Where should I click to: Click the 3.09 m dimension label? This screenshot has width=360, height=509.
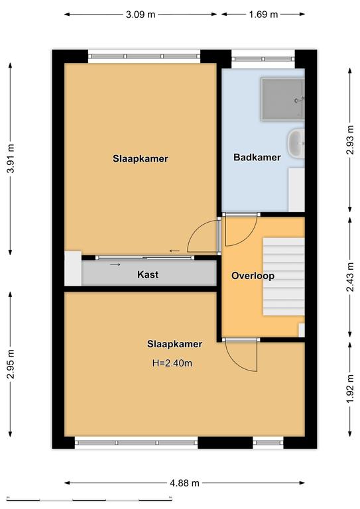point(141,15)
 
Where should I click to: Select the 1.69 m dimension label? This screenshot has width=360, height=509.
point(263,15)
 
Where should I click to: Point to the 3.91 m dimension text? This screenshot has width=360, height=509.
point(11,158)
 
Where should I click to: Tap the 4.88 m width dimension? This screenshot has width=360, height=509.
point(184,483)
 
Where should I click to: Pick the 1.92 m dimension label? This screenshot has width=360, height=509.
point(350,389)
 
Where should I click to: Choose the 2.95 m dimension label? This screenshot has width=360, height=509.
point(11,365)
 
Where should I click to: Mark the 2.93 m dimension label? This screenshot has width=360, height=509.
point(350,140)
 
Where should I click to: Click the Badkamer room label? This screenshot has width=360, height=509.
point(257,158)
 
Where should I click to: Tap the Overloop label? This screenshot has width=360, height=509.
point(253,276)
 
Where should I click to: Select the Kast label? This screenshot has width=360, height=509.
point(148,274)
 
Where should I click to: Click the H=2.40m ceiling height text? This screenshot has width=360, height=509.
point(172,363)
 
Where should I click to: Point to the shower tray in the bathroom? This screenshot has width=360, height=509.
point(282,99)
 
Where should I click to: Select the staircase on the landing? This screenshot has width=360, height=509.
point(283,276)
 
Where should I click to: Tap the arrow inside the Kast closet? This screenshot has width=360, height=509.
point(115,264)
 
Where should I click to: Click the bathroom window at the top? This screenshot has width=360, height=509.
point(263,59)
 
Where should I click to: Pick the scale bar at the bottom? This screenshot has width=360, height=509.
point(90,499)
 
